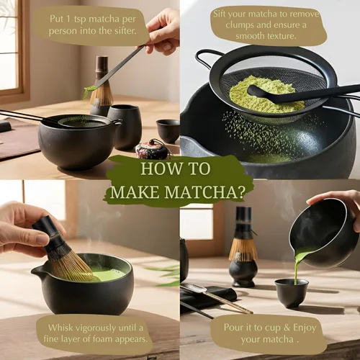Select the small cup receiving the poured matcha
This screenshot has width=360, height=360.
[x=292, y=292]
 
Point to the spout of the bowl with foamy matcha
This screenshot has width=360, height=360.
[x=36, y=272]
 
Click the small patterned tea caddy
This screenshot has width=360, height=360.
[x=152, y=149]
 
